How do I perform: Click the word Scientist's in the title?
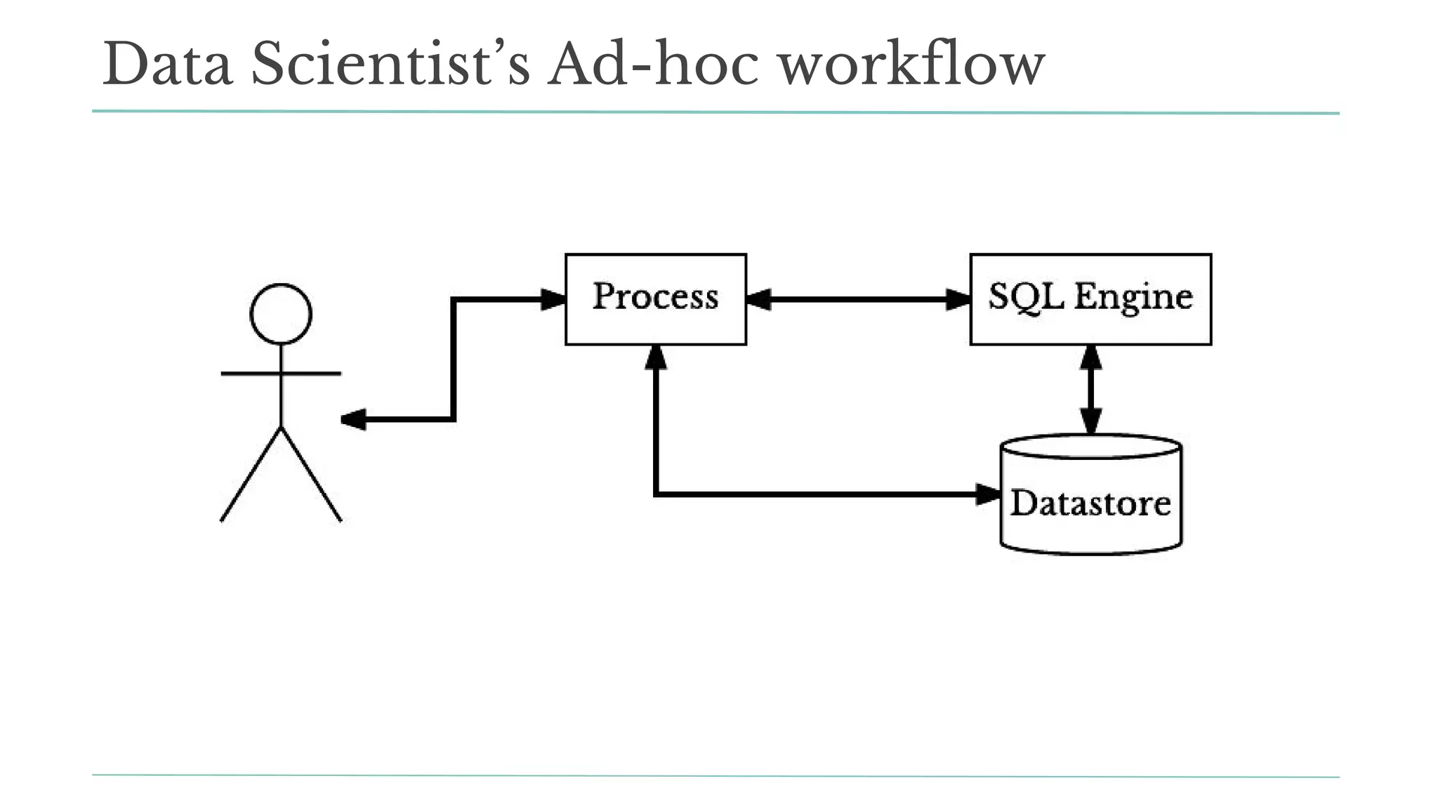point(390,65)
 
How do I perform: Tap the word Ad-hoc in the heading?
point(653,65)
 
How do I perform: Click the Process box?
point(655,299)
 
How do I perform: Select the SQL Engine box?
point(1090,299)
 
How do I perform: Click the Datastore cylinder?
point(1090,502)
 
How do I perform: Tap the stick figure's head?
point(281,314)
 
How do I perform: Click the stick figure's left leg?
point(251,475)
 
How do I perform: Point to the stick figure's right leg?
point(311,475)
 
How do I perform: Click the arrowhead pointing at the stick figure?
point(352,420)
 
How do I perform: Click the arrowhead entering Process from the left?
point(553,300)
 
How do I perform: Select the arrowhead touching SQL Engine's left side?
point(958,300)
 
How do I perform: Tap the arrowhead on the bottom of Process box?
point(655,357)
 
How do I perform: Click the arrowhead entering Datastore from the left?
point(988,494)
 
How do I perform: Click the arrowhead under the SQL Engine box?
point(1090,357)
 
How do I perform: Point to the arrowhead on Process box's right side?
point(759,300)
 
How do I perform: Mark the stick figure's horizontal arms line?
point(281,374)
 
